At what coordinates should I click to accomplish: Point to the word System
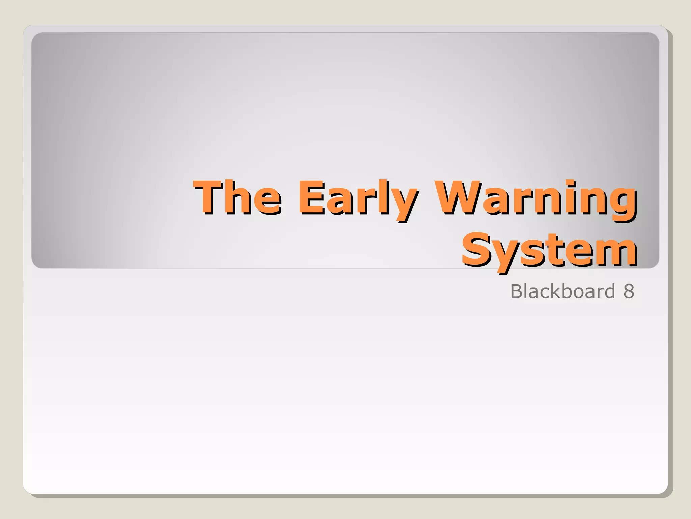(549, 250)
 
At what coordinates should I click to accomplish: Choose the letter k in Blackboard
(558, 291)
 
